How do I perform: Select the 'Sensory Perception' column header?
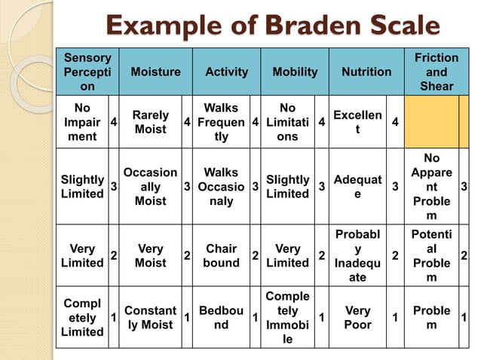pos(87,72)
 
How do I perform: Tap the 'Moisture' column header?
pos(155,72)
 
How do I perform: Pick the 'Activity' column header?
pos(226,72)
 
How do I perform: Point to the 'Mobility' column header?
pos(294,72)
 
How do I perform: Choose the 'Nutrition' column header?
pos(366,72)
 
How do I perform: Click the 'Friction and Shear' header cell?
pos(437,72)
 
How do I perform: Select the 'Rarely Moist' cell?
pos(150,123)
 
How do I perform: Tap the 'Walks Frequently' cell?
pos(220,123)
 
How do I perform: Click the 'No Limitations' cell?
pos(287,123)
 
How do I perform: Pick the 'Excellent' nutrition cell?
pos(357,123)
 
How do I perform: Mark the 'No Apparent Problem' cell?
pos(431,187)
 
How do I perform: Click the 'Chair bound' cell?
pos(221,256)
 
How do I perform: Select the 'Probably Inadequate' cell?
pos(357,256)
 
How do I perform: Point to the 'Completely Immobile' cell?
pos(287,318)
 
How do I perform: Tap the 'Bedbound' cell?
pos(221,318)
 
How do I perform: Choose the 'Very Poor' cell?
pos(357,318)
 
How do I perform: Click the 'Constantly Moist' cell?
pos(150,318)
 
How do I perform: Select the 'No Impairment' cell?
pos(82,123)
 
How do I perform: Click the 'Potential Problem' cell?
pos(431,256)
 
